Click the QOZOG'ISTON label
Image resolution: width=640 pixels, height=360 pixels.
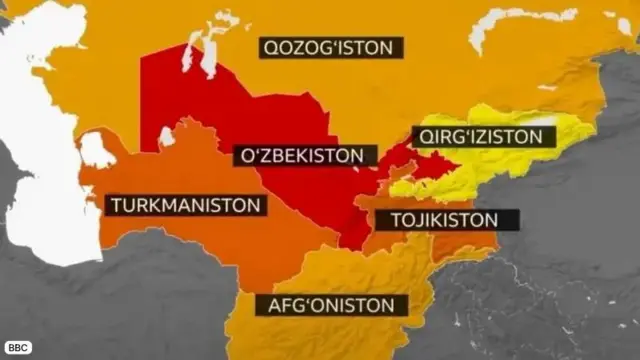click(x=331, y=47)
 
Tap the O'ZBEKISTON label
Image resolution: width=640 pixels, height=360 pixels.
click(x=305, y=156)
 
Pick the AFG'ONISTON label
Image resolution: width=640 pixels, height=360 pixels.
click(x=331, y=305)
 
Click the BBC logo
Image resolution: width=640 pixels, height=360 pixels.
click(x=18, y=347)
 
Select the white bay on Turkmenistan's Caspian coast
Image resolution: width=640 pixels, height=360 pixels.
click(x=96, y=150)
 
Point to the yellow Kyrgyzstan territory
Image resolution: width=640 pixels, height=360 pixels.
click(x=520, y=165)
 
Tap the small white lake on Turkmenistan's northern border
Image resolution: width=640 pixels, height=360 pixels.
click(x=166, y=135)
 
